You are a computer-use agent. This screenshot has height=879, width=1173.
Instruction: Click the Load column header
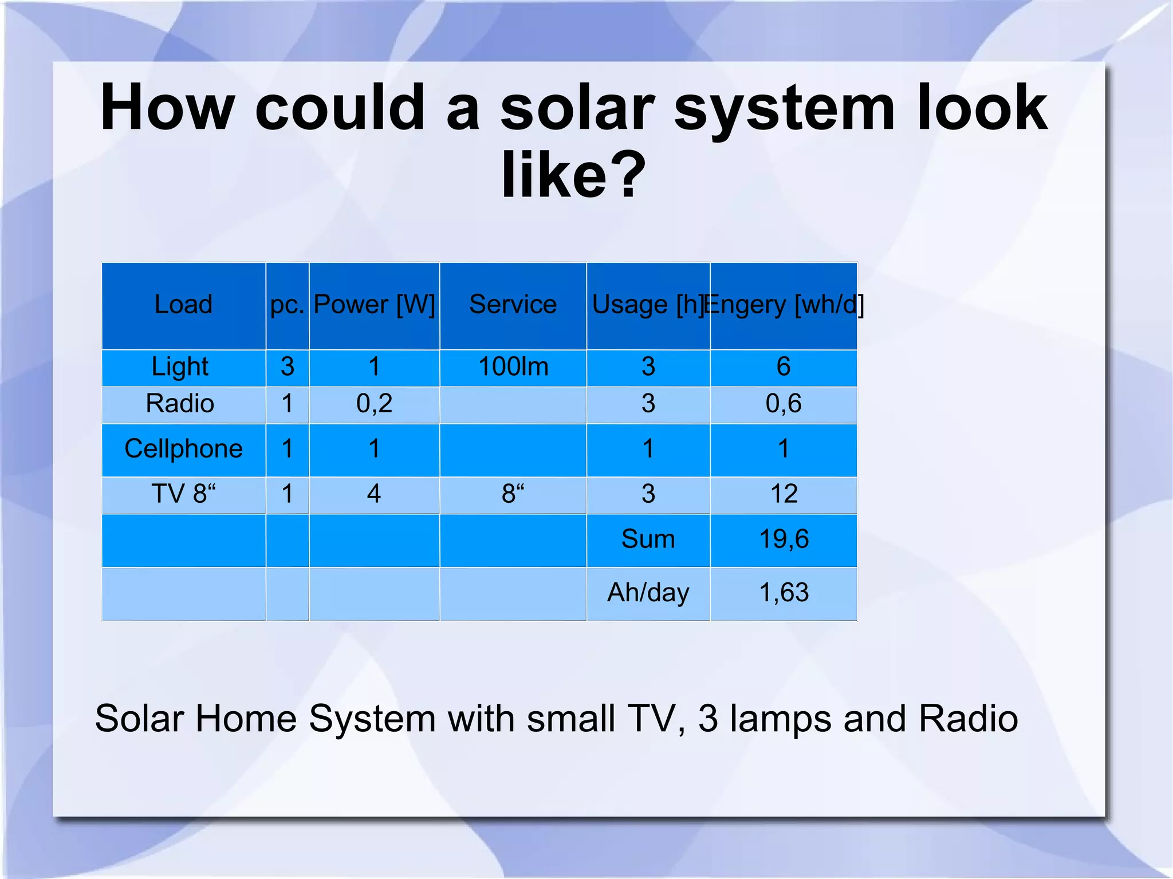pos(183,304)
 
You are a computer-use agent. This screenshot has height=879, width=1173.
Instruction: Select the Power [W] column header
pos(374,304)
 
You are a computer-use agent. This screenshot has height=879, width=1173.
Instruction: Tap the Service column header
pos(513,304)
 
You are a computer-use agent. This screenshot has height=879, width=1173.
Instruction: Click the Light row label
pos(180,366)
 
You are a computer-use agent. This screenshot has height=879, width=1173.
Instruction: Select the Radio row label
pos(180,404)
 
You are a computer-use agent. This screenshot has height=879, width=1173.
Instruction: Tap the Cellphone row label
pos(183,448)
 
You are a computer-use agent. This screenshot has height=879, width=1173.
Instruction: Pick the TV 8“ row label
pos(183,494)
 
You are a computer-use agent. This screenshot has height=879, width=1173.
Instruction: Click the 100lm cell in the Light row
pos(513,366)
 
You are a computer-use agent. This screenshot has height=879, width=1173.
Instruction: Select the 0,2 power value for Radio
pos(374,404)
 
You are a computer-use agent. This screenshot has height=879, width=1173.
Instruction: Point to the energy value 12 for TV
pos(784,494)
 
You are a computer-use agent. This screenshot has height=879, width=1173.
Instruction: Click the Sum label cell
pos(648,539)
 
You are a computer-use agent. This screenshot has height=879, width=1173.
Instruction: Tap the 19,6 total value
pos(784,539)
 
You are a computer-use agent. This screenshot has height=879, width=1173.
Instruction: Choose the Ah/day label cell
pos(648,592)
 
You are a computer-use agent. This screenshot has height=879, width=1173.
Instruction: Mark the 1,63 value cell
pos(784,592)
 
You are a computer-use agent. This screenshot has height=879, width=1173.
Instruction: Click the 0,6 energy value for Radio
pos(784,404)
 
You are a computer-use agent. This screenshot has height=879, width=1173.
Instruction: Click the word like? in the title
pos(573,174)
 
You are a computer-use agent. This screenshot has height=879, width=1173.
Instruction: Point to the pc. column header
pos(287,304)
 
